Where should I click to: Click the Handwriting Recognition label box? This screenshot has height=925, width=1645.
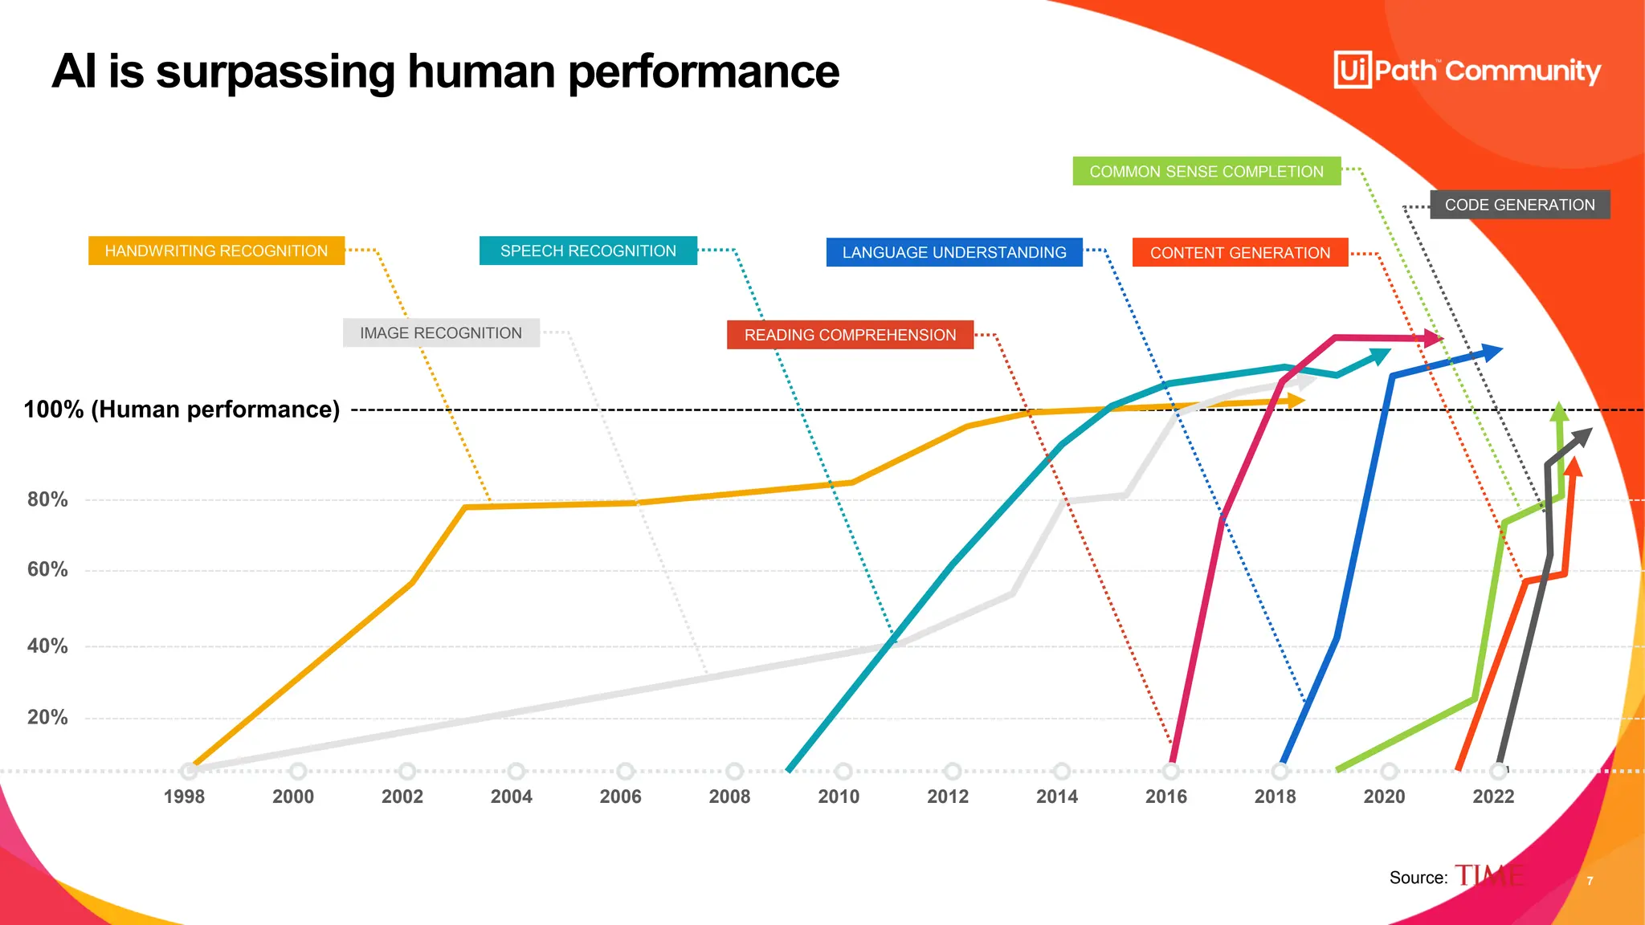pos(216,251)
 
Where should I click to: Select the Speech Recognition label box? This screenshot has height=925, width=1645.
pos(588,251)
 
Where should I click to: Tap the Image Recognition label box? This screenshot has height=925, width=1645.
pos(441,332)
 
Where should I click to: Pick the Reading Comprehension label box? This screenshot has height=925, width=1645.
pos(850,335)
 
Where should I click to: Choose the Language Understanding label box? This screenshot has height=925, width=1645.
pos(954,252)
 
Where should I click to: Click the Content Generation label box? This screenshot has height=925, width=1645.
pos(1239,253)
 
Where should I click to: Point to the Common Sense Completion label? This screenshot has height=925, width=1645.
pos(1206,171)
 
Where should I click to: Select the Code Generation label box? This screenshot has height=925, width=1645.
pos(1520,205)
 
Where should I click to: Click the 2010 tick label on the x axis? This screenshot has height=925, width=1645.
pos(839,797)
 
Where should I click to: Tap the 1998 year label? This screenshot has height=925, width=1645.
pos(184,797)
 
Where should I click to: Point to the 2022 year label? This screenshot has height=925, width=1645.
pos(1493,797)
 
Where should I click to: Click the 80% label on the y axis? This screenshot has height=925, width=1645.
pos(47,499)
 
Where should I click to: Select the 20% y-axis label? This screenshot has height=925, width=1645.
pos(47,717)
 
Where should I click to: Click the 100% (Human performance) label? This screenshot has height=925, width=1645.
pos(182,410)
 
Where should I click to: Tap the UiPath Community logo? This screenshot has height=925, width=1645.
pos(1467,70)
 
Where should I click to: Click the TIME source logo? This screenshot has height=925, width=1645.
pos(1488,876)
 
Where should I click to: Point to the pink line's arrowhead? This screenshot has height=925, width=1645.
pos(1432,338)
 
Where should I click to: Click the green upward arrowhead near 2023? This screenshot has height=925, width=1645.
pos(1559,411)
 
